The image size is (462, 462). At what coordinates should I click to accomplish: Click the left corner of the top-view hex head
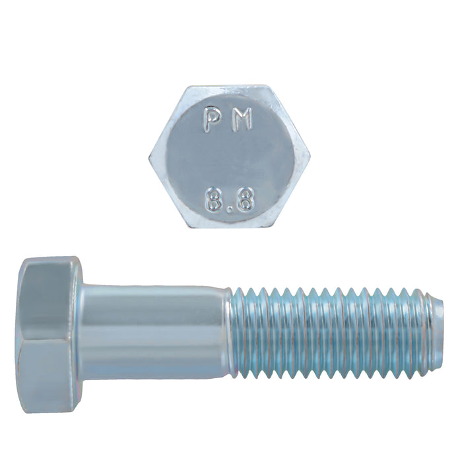pyautogui.click(x=149, y=157)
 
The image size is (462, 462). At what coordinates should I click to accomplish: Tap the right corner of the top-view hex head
pyautogui.click(x=310, y=157)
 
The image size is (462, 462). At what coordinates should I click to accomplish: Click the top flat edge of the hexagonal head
pyautogui.click(x=230, y=88)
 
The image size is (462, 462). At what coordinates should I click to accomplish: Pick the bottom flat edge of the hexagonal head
pyautogui.click(x=230, y=227)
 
